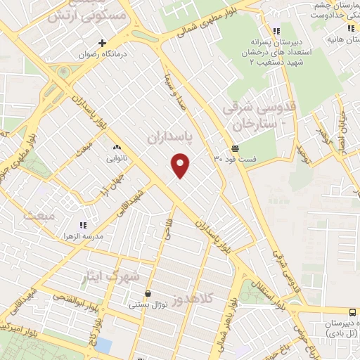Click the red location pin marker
click(x=181, y=165)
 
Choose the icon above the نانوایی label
click(x=117, y=148)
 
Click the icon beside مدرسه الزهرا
click(x=83, y=225)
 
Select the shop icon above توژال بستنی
click(x=148, y=294)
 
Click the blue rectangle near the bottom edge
click(x=103, y=345)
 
